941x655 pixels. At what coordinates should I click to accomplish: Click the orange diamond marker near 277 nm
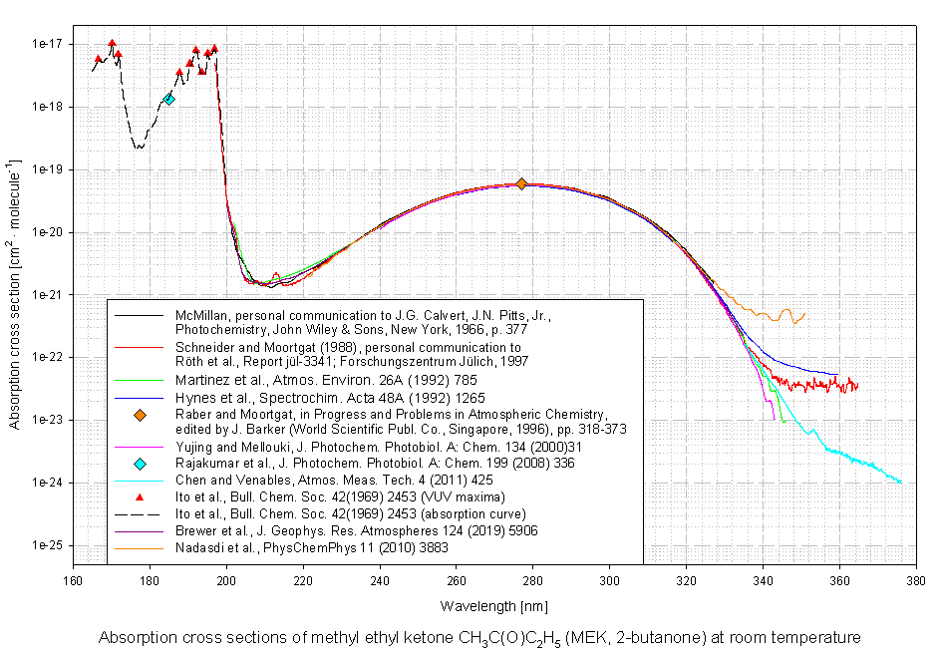tap(521, 183)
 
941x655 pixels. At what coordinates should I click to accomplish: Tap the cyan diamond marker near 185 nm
tap(169, 99)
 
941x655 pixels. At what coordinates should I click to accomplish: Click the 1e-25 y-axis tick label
tap(48, 546)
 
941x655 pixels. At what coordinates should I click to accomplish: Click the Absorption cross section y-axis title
tap(14, 294)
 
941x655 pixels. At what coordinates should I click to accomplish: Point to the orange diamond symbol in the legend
tap(140, 414)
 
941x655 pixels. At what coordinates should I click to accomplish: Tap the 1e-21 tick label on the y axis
tap(48, 295)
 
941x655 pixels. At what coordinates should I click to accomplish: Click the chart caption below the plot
tap(478, 637)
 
